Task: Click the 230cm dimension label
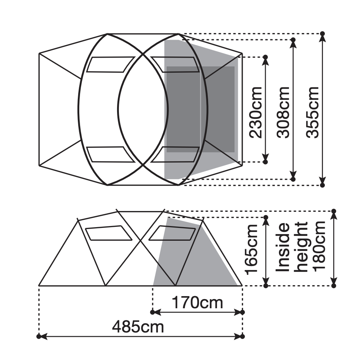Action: point(255,113)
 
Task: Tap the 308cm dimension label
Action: point(283,113)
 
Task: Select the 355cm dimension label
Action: point(312,113)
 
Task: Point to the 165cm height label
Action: point(252,249)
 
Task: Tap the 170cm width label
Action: point(197,303)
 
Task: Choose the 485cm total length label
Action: point(138,327)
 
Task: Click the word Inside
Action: point(283,247)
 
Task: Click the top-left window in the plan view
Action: point(110,64)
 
